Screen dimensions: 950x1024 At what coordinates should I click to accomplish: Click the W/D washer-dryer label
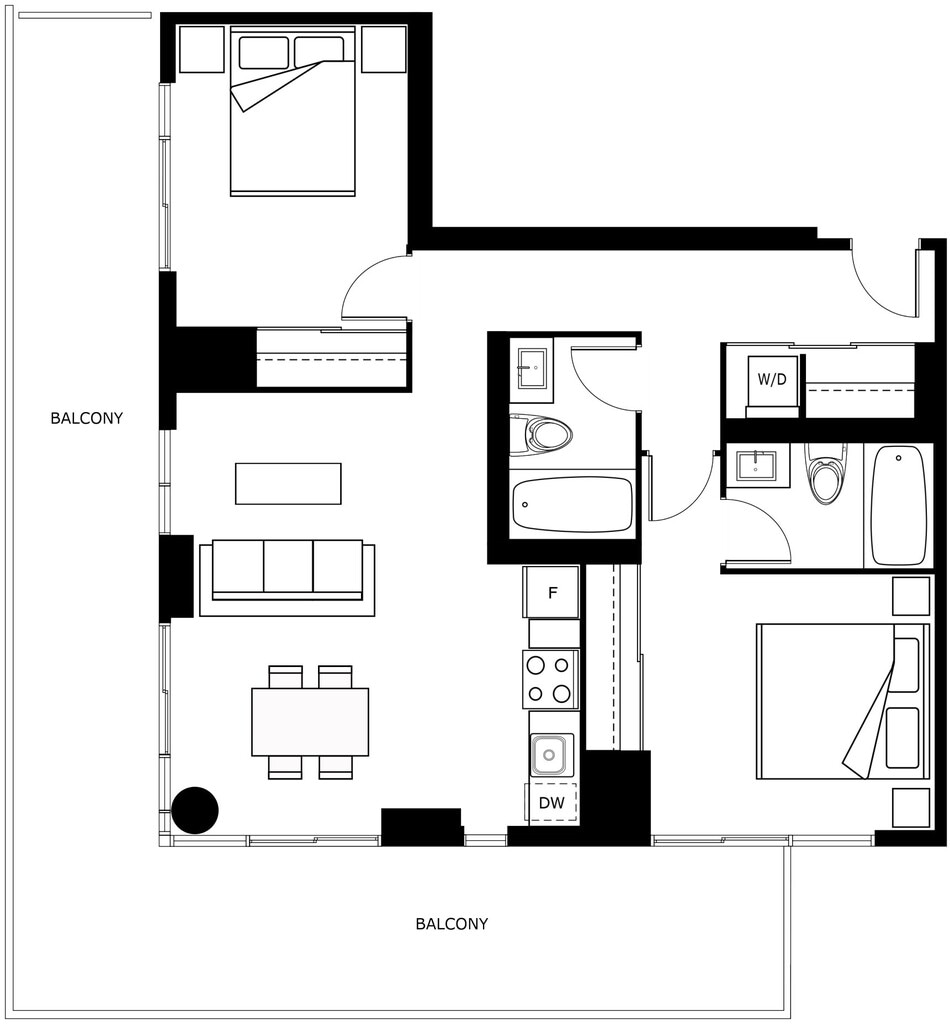pos(772,379)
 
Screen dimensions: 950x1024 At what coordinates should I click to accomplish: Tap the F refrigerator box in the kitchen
pos(551,592)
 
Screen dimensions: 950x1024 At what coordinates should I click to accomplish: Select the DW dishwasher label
pos(551,803)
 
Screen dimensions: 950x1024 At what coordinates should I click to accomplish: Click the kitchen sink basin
pos(549,755)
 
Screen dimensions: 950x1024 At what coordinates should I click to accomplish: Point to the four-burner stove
pos(550,679)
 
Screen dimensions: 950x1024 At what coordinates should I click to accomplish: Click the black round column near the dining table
pos(195,810)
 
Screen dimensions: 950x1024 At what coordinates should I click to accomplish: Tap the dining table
pos(310,722)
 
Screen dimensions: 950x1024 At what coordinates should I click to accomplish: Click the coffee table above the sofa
pos(288,483)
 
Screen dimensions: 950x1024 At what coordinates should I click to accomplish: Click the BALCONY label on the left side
pos(87,418)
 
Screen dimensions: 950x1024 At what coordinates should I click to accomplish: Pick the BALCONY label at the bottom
pos(452,923)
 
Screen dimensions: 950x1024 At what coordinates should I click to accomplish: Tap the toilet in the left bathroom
pos(541,434)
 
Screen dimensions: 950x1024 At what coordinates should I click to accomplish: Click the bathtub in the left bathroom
pos(573,505)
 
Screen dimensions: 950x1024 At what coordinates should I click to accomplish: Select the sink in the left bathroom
pos(533,369)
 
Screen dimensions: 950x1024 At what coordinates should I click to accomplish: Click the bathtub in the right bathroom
pos(899,506)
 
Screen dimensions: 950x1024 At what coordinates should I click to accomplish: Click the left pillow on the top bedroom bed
pos(264,52)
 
